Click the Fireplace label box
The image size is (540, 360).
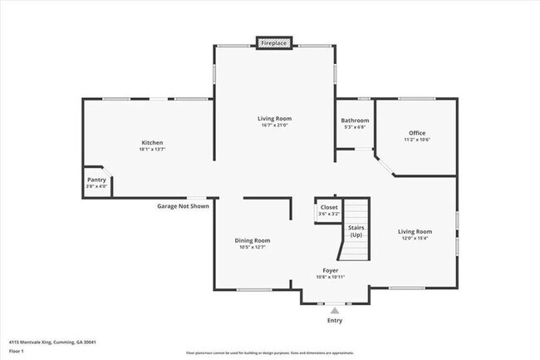point(273,42)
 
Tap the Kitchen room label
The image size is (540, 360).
point(151,142)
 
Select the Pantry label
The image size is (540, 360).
point(96,180)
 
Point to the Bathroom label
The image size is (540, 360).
point(355,121)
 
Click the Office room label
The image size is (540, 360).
point(416,133)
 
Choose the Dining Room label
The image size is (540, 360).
point(252,240)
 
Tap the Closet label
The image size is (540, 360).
point(329,207)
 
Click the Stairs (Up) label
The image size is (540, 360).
point(356,230)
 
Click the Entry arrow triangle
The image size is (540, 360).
point(335,310)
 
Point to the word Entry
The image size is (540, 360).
point(335,320)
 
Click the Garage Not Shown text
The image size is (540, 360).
point(183,205)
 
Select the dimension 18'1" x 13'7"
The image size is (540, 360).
point(151,150)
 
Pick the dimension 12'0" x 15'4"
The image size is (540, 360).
point(415,239)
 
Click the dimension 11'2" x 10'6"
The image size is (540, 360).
point(416,141)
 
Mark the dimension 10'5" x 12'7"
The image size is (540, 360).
point(252,248)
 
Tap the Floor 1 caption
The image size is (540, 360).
point(16,351)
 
